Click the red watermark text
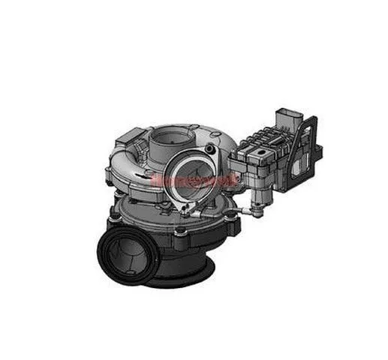tap(194, 179)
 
